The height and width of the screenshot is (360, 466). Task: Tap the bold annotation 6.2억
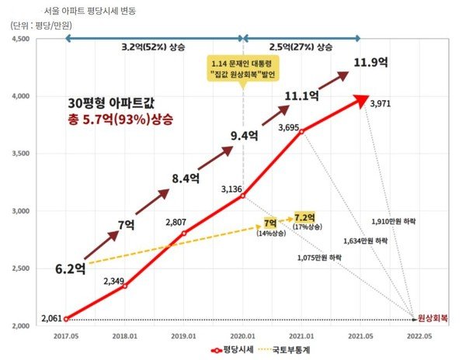point(71,269)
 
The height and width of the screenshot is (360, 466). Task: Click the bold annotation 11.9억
point(371,63)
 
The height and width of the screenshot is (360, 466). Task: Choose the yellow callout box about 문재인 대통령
point(242,68)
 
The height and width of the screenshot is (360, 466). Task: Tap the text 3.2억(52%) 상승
point(153,48)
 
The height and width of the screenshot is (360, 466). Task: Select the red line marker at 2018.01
point(125,286)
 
